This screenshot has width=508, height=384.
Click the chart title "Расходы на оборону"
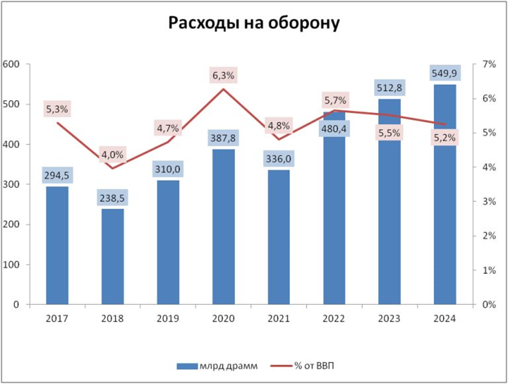[254, 24]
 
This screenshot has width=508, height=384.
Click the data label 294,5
[57, 175]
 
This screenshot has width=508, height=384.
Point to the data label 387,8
[223, 138]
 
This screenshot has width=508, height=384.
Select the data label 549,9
[444, 73]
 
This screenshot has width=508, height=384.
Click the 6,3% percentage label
[223, 76]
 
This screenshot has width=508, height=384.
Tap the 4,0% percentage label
[112, 154]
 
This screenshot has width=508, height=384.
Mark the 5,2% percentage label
[444, 138]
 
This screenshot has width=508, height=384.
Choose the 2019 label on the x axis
[168, 319]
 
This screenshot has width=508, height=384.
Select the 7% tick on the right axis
[489, 65]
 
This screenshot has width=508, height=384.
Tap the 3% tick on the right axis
[489, 202]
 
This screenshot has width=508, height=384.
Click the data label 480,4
[334, 129]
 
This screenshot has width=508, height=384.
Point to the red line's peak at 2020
[223, 89]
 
